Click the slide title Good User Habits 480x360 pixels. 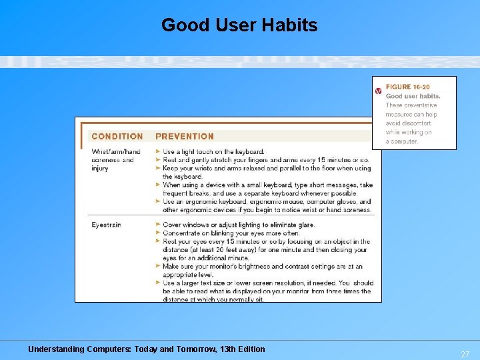click(239, 25)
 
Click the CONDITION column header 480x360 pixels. click(117, 137)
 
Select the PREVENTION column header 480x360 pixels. click(185, 137)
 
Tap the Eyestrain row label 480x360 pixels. click(106, 225)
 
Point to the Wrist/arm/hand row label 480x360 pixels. click(116, 152)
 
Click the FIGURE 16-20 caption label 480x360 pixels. click(407, 87)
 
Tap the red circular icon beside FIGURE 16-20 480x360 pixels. click(379, 89)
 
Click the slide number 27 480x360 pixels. click(465, 355)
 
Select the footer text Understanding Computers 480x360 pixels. click(79, 349)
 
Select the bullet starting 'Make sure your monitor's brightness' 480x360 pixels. click(267, 270)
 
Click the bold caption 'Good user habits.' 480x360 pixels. click(413, 96)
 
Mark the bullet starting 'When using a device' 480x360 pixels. click(267, 189)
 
